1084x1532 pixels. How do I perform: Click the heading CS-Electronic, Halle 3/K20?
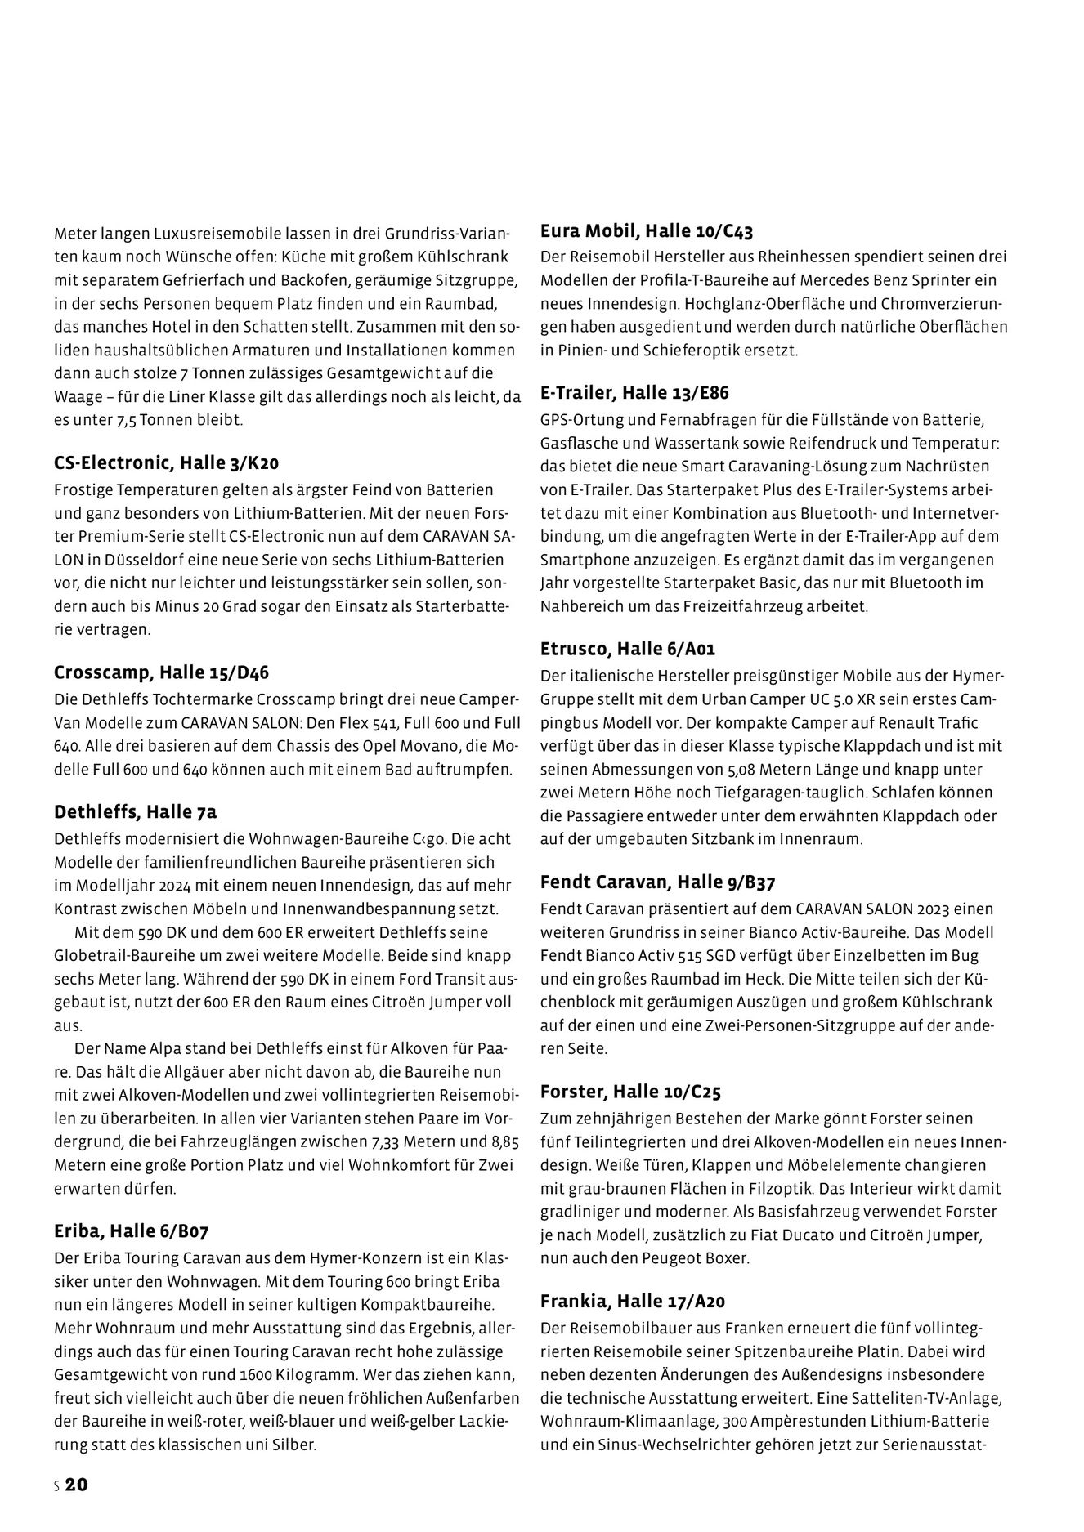click(x=166, y=463)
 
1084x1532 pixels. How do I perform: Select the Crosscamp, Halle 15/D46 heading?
click(x=161, y=672)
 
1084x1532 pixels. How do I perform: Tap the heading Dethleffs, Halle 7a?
click(x=135, y=811)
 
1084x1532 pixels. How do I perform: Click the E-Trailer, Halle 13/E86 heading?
click(x=634, y=392)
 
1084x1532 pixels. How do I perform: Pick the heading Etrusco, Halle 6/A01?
click(x=628, y=649)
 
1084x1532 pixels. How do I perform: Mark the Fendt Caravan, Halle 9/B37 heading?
click(x=657, y=882)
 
